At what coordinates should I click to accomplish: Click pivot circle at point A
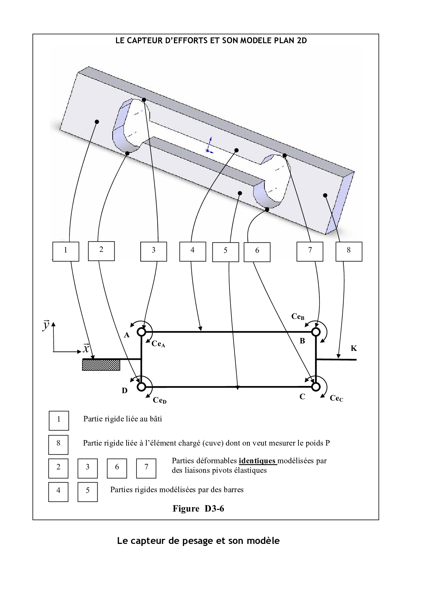tap(142, 331)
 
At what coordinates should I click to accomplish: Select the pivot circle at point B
tap(316, 331)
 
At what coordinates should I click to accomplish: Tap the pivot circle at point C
tap(316, 387)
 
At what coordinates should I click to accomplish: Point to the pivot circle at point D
tap(142, 387)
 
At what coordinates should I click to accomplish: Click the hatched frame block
tap(101, 365)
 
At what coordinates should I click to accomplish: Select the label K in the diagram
tap(354, 348)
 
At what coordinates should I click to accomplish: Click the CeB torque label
tap(297, 317)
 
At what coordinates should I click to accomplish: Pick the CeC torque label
tap(336, 398)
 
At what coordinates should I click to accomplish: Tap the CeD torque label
tap(159, 400)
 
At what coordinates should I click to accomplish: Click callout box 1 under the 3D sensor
tap(66, 251)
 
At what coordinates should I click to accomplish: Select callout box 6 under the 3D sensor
tap(257, 252)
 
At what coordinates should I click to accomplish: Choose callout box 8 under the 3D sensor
tap(348, 251)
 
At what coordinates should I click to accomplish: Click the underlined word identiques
tap(257, 461)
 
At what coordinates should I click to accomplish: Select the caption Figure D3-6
tap(198, 509)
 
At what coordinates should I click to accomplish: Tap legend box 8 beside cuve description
tap(58, 445)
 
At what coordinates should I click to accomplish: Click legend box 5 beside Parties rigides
tap(87, 491)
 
